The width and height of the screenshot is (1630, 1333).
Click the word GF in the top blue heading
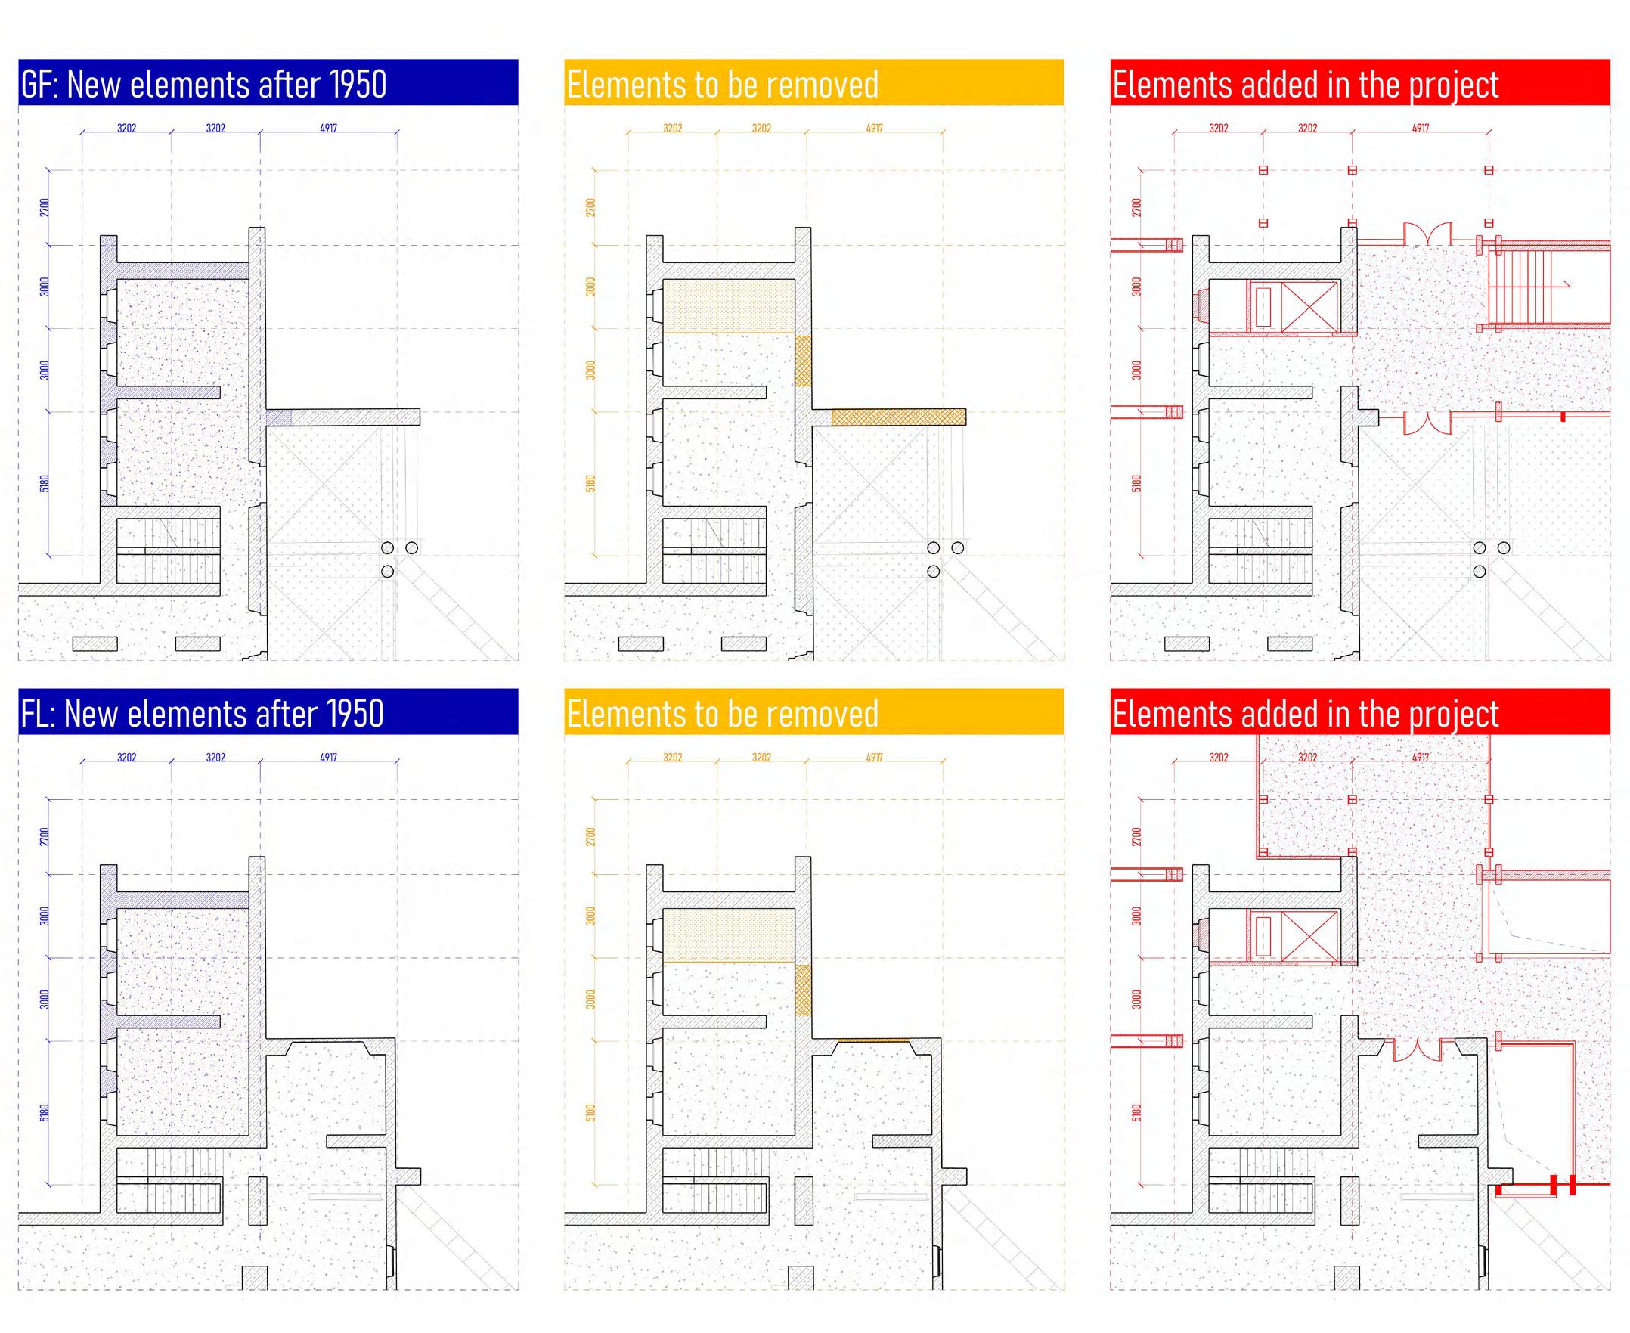click(x=37, y=85)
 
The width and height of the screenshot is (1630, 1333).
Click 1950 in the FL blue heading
click(x=355, y=713)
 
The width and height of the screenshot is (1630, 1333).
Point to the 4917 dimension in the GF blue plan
click(x=329, y=129)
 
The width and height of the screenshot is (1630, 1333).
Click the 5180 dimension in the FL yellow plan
click(x=590, y=1113)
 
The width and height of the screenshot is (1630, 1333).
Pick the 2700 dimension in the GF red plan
click(x=1136, y=207)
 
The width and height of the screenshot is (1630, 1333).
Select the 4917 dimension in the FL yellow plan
click(x=875, y=757)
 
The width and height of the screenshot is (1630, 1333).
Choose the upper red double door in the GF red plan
click(x=1427, y=234)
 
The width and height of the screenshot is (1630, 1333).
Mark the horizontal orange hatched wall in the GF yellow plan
click(x=898, y=417)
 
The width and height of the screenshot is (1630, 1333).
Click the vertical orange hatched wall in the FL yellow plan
click(x=803, y=990)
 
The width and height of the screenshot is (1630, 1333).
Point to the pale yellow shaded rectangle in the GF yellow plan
click(x=728, y=306)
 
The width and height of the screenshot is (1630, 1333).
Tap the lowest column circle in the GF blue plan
click(x=388, y=572)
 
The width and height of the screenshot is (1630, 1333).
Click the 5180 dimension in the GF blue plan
click(x=45, y=484)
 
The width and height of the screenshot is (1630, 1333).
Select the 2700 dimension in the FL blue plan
click(x=45, y=836)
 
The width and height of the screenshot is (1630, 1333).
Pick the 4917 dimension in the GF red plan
click(x=1421, y=129)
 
